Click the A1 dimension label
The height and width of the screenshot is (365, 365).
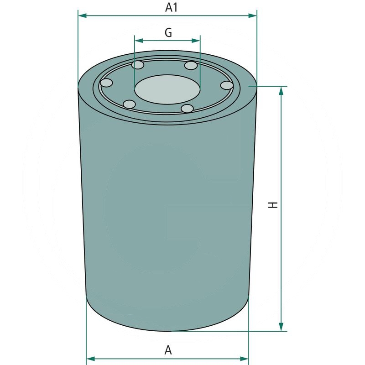[171, 7]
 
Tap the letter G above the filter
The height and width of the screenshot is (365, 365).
[168, 32]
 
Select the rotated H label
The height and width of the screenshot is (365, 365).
[273, 205]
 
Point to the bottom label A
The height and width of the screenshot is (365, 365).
[168, 350]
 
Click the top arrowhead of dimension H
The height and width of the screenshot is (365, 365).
[281, 90]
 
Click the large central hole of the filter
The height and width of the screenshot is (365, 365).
[167, 89]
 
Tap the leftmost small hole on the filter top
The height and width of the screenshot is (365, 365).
[106, 83]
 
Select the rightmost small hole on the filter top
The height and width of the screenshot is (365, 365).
[227, 85]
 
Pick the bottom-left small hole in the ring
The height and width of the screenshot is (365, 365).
[130, 104]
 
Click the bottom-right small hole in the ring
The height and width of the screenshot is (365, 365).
[187, 109]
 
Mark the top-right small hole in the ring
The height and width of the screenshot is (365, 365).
[191, 66]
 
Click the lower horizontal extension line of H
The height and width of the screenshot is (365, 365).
[228, 331]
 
